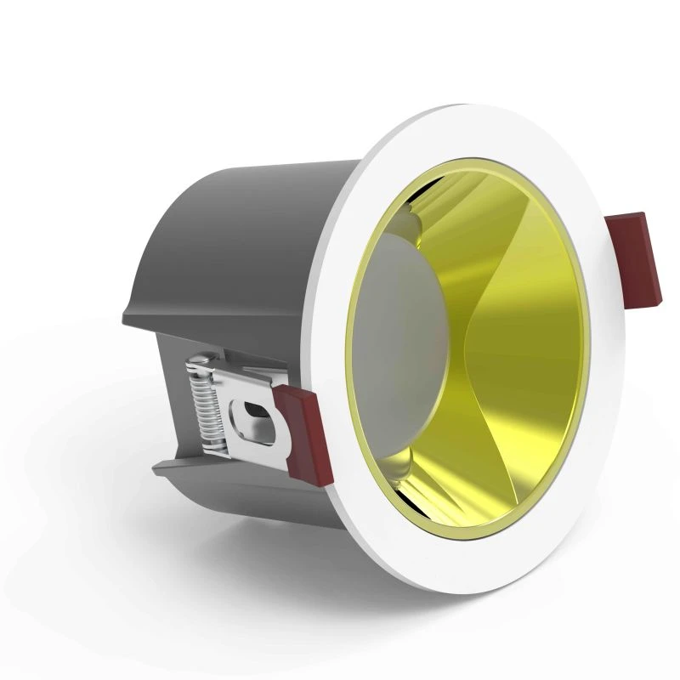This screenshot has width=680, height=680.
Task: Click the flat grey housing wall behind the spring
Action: point(170,399)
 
